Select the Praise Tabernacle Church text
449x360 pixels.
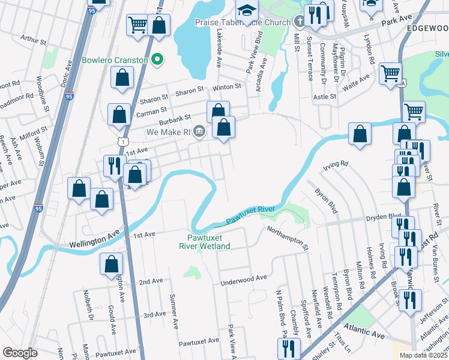[x=242, y=22]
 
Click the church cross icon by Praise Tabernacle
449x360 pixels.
[x=298, y=22]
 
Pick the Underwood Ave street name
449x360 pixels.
[x=243, y=278]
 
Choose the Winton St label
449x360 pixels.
[x=227, y=86]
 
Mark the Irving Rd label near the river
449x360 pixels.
[x=335, y=163]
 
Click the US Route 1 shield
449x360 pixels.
[x=122, y=140]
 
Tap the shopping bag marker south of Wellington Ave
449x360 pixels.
[x=111, y=265]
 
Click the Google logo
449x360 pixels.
[x=20, y=353]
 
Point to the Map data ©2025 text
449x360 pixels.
[x=423, y=355]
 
